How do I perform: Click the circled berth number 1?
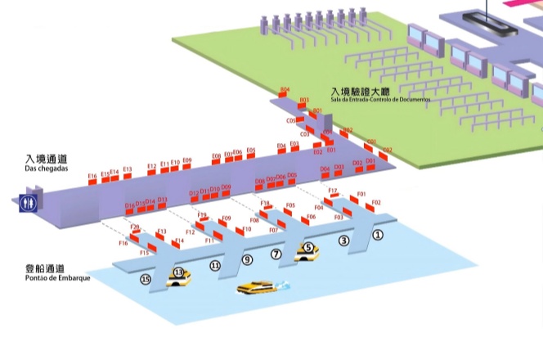click(377, 234)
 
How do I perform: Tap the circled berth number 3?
click(344, 241)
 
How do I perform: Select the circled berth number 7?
click(276, 254)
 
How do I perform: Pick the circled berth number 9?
click(247, 260)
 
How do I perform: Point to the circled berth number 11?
click(215, 266)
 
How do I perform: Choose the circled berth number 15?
click(146, 279)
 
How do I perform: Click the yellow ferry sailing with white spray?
click(258, 287)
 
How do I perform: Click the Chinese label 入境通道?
click(46, 159)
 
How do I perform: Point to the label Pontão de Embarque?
click(57, 278)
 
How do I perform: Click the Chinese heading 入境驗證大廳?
click(363, 92)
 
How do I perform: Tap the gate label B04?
click(285, 89)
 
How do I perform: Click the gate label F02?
click(376, 202)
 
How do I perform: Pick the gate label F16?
click(123, 243)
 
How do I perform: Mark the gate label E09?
click(187, 160)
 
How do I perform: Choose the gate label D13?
click(162, 200)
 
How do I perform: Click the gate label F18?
click(265, 203)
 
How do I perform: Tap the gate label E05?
click(250, 151)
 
